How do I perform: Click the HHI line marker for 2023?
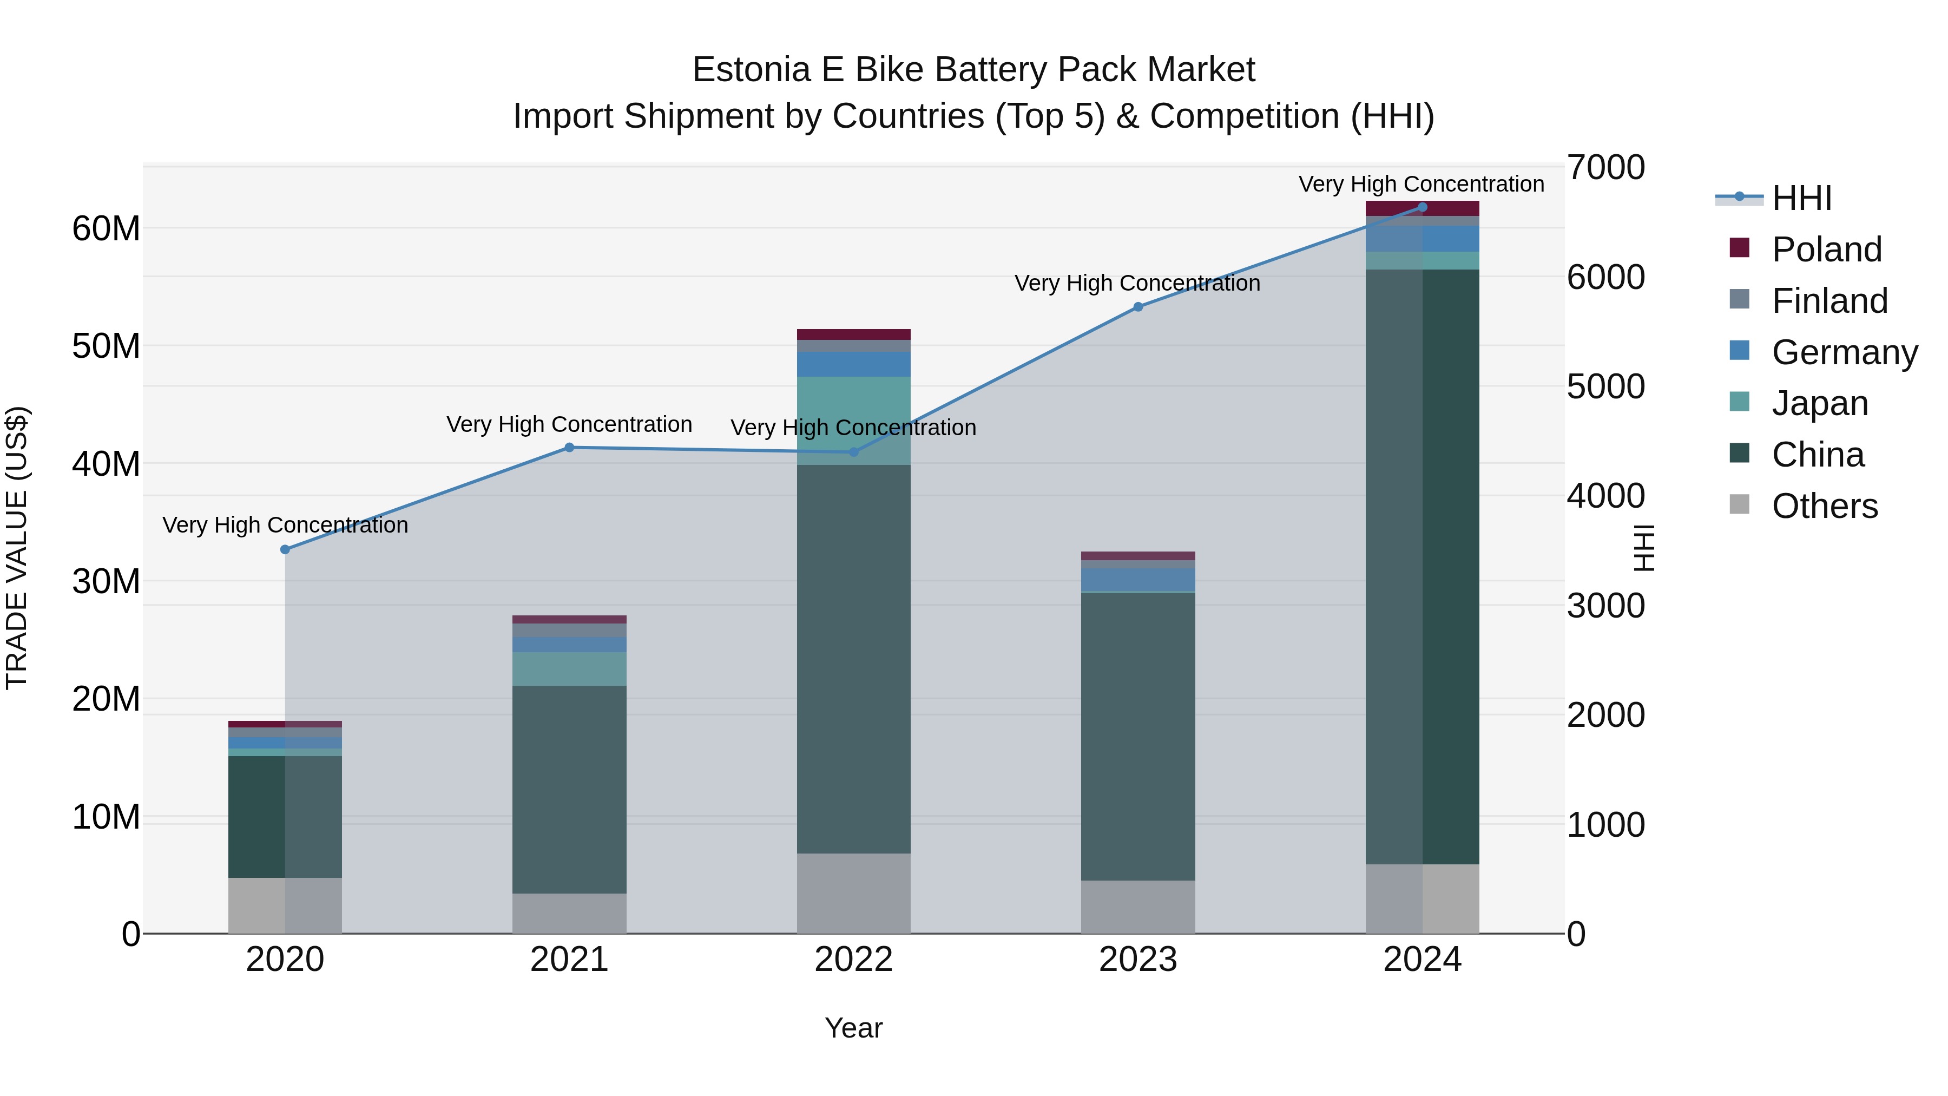(x=1137, y=307)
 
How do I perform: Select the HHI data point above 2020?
(x=285, y=550)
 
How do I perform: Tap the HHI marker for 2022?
(x=854, y=452)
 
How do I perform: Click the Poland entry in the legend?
(x=1826, y=250)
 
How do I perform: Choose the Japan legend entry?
(x=1819, y=403)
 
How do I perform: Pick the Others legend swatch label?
(x=1824, y=506)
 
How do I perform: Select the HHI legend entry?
(x=1801, y=198)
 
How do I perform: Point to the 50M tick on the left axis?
(x=106, y=346)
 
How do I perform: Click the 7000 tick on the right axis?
(x=1605, y=167)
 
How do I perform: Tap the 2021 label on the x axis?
(x=569, y=960)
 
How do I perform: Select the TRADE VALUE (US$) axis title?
(x=17, y=548)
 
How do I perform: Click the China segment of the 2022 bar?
(x=854, y=658)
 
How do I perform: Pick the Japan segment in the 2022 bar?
(x=854, y=420)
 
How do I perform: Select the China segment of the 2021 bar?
(x=569, y=789)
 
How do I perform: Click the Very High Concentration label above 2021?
(x=569, y=424)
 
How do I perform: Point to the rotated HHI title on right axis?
(x=1644, y=548)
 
